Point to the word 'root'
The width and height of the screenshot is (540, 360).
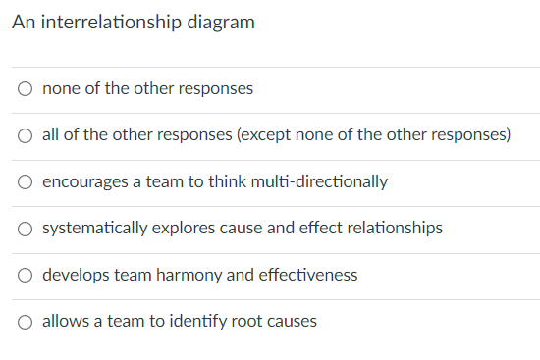click(x=243, y=321)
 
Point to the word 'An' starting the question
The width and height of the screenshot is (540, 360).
click(x=23, y=22)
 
